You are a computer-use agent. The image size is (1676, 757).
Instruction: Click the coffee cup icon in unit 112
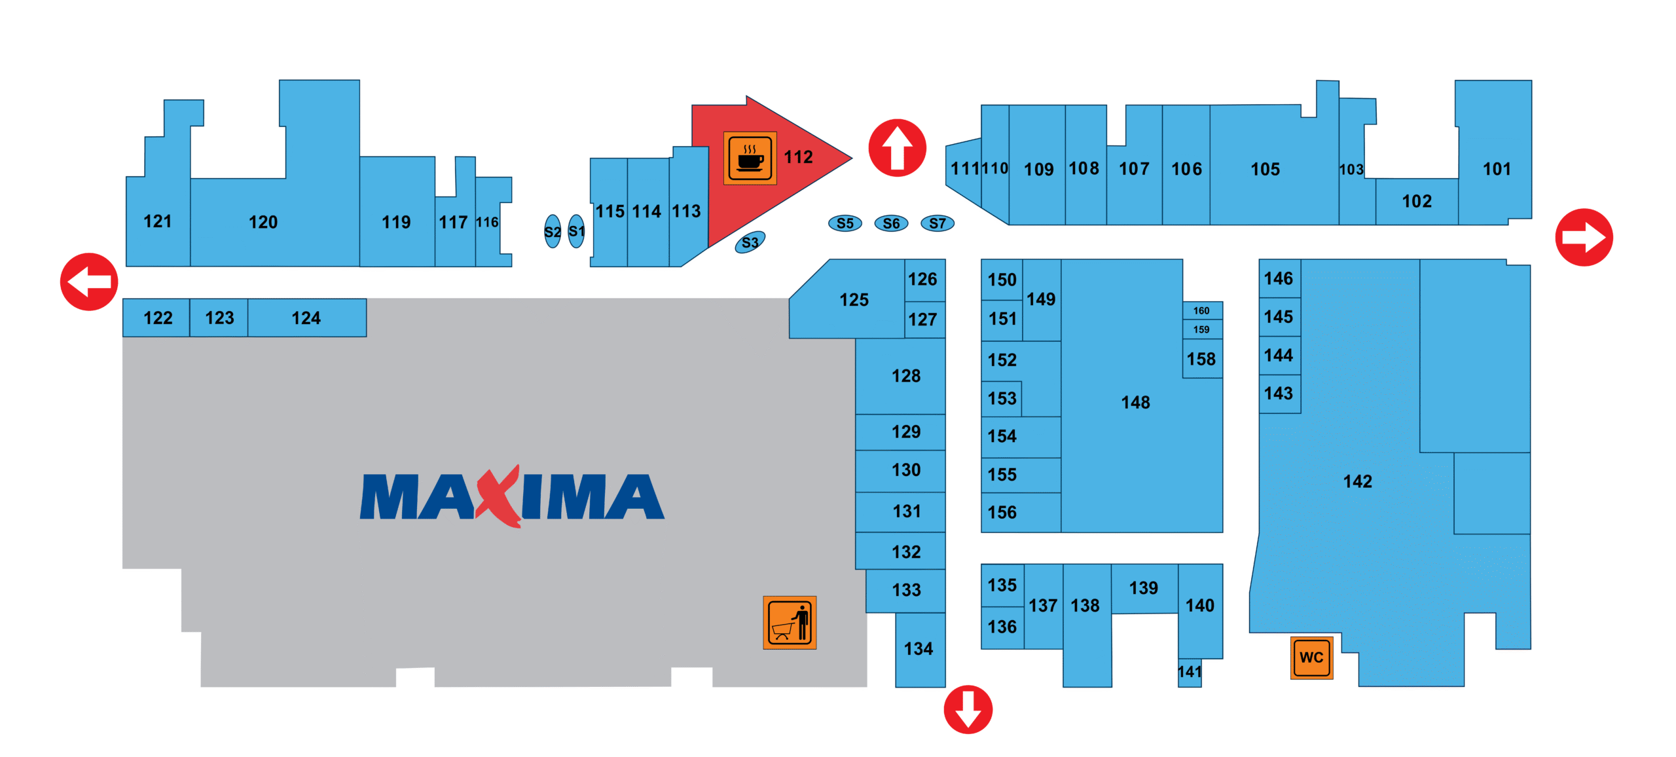pyautogui.click(x=750, y=158)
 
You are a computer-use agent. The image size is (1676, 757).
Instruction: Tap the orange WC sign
pyautogui.click(x=1311, y=657)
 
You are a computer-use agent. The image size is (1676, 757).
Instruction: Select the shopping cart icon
pyautogui.click(x=790, y=622)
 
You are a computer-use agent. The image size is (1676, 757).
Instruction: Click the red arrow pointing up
pyautogui.click(x=897, y=148)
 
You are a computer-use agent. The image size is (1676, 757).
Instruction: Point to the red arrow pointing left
pyautogui.click(x=89, y=282)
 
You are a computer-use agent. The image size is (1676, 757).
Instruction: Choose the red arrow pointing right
pyautogui.click(x=1584, y=237)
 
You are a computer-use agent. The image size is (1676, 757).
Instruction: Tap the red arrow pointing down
pyautogui.click(x=968, y=709)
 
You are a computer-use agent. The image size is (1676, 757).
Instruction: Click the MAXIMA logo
pyautogui.click(x=512, y=496)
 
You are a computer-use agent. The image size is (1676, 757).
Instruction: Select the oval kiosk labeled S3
pyautogui.click(x=750, y=242)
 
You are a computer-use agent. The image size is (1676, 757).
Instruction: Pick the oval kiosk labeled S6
pyautogui.click(x=891, y=223)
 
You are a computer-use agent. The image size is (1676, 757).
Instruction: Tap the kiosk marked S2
pyautogui.click(x=553, y=231)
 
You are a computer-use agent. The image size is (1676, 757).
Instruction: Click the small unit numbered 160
pyautogui.click(x=1202, y=310)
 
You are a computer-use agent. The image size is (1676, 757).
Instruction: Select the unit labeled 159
pyautogui.click(x=1202, y=329)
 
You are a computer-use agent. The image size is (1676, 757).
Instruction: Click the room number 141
pyautogui.click(x=1190, y=672)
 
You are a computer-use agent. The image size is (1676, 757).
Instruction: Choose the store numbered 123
pyautogui.click(x=219, y=318)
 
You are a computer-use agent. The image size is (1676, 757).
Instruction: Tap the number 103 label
pyautogui.click(x=1351, y=170)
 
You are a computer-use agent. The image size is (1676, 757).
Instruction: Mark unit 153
pyautogui.click(x=1002, y=398)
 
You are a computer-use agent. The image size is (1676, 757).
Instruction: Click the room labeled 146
pyautogui.click(x=1279, y=278)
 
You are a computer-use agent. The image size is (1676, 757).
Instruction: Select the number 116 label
pyautogui.click(x=487, y=222)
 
